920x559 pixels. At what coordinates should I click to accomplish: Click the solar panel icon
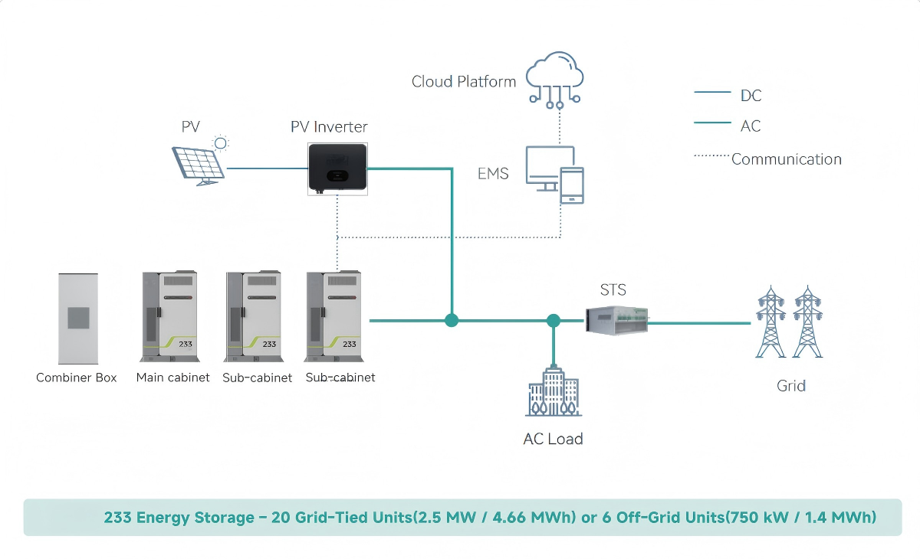(x=199, y=162)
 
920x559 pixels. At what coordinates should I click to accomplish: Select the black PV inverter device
(x=337, y=168)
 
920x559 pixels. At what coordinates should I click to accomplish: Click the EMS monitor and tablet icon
(x=554, y=175)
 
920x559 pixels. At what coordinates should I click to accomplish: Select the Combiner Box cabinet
(x=77, y=319)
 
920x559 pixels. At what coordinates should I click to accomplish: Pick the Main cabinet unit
(x=169, y=315)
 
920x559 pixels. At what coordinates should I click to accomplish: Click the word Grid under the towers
(x=790, y=385)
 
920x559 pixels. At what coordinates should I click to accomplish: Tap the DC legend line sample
(x=712, y=93)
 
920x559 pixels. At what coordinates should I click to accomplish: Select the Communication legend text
(x=787, y=159)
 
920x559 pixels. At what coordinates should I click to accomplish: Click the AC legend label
(x=751, y=126)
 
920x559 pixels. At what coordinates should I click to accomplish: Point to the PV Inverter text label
(x=329, y=126)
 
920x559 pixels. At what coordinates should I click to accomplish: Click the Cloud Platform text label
(x=464, y=81)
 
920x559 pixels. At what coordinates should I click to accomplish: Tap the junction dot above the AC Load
(x=554, y=321)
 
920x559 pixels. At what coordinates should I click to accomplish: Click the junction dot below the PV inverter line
(x=452, y=320)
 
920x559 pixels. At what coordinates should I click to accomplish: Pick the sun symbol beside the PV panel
(x=221, y=142)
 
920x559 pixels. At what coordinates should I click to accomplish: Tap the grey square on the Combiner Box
(x=79, y=318)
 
